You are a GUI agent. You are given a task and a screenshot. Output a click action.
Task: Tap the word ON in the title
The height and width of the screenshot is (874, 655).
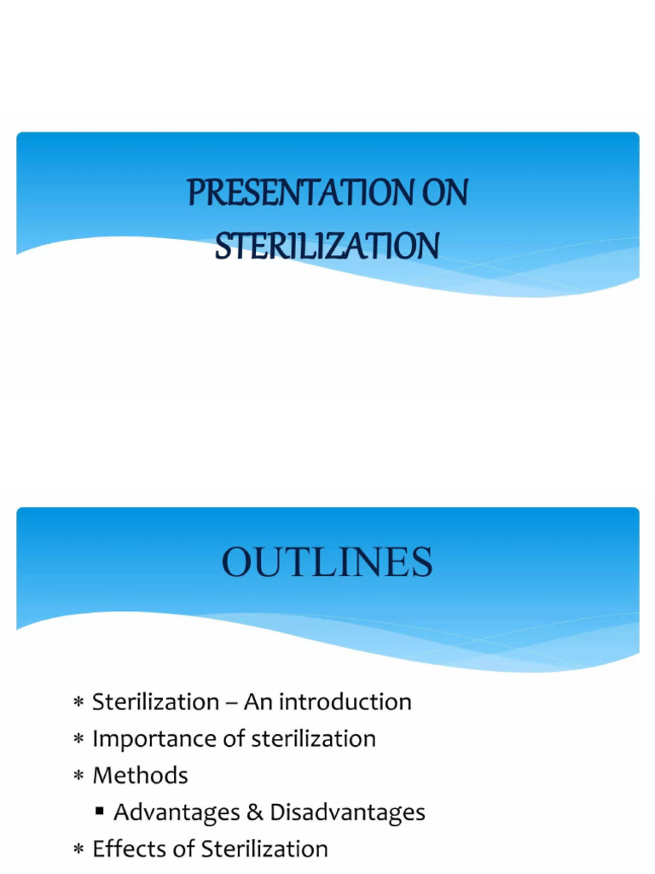(x=445, y=194)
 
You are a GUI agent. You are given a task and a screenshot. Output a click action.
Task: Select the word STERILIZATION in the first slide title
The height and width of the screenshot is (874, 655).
(x=327, y=247)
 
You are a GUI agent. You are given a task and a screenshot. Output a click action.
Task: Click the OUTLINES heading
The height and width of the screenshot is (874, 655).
(x=327, y=563)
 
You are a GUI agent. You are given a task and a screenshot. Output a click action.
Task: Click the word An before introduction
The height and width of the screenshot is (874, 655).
(x=258, y=702)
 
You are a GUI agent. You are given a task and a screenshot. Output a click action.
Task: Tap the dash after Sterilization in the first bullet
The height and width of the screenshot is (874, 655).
(x=231, y=703)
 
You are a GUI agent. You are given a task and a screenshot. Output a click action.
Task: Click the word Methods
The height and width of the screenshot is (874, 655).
(x=140, y=776)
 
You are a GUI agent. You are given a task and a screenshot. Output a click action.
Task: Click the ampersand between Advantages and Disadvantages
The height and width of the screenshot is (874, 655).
(x=255, y=813)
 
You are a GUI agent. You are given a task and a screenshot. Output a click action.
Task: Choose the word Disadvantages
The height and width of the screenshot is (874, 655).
(x=347, y=813)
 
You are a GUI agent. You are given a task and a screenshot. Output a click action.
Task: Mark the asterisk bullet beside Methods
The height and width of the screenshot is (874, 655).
(x=78, y=778)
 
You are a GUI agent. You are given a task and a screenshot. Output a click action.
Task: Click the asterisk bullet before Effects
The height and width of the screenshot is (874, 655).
(x=78, y=851)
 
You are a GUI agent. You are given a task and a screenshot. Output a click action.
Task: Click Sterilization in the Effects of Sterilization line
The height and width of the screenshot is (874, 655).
(x=264, y=849)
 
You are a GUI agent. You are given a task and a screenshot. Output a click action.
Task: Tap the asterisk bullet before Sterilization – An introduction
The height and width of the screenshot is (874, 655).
(x=78, y=704)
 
